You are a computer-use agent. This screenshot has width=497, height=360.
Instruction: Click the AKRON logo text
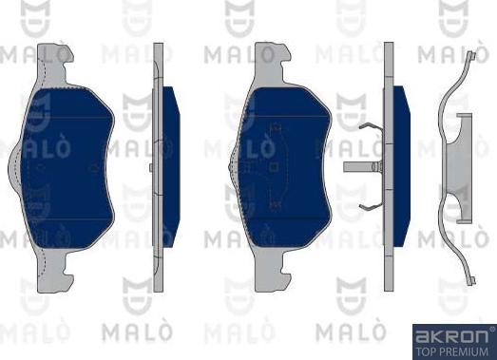point(452,335)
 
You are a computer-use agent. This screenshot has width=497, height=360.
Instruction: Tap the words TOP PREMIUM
point(452,350)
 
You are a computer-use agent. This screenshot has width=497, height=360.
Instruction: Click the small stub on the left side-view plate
point(151,169)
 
